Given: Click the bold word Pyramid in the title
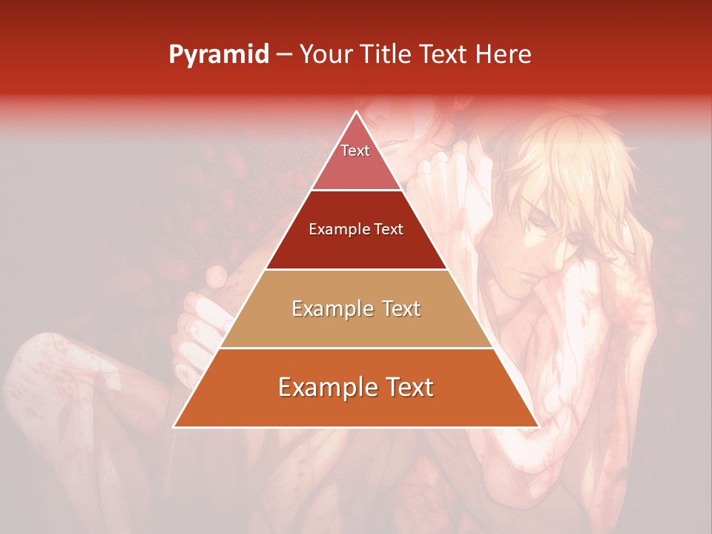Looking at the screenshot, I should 219,55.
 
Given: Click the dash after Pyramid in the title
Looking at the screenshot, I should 284,55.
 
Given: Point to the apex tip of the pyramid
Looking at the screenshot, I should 356,112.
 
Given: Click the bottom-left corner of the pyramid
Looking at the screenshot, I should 175,426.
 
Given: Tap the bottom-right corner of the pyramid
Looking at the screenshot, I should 537,426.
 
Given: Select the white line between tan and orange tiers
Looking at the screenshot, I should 356,348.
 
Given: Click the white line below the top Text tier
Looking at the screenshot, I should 356,190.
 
